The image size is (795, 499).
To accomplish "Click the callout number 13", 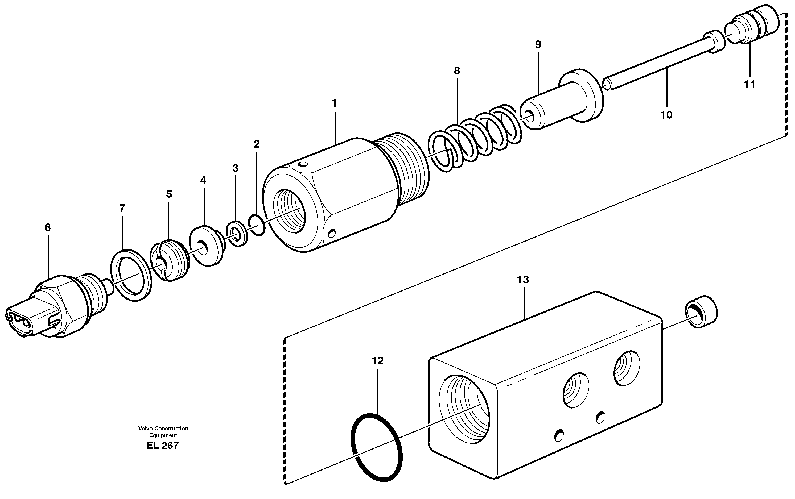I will (523, 280).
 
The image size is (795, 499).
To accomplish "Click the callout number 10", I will (666, 115).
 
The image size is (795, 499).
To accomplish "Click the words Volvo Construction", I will (163, 428).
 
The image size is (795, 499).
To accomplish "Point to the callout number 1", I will (334, 103).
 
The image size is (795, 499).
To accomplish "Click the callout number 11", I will (749, 85).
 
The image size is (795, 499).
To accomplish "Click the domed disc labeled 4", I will (206, 246).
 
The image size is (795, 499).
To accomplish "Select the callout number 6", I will (48, 227).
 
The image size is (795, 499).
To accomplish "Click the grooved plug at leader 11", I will (756, 26).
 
